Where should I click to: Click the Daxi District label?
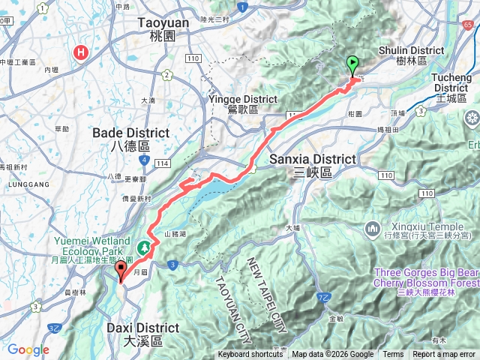142,334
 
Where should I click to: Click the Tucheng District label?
454,82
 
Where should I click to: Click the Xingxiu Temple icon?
373,228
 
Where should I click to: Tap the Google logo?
28,349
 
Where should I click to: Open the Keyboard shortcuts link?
250,355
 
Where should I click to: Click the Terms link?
393,355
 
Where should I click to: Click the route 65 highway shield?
469,25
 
